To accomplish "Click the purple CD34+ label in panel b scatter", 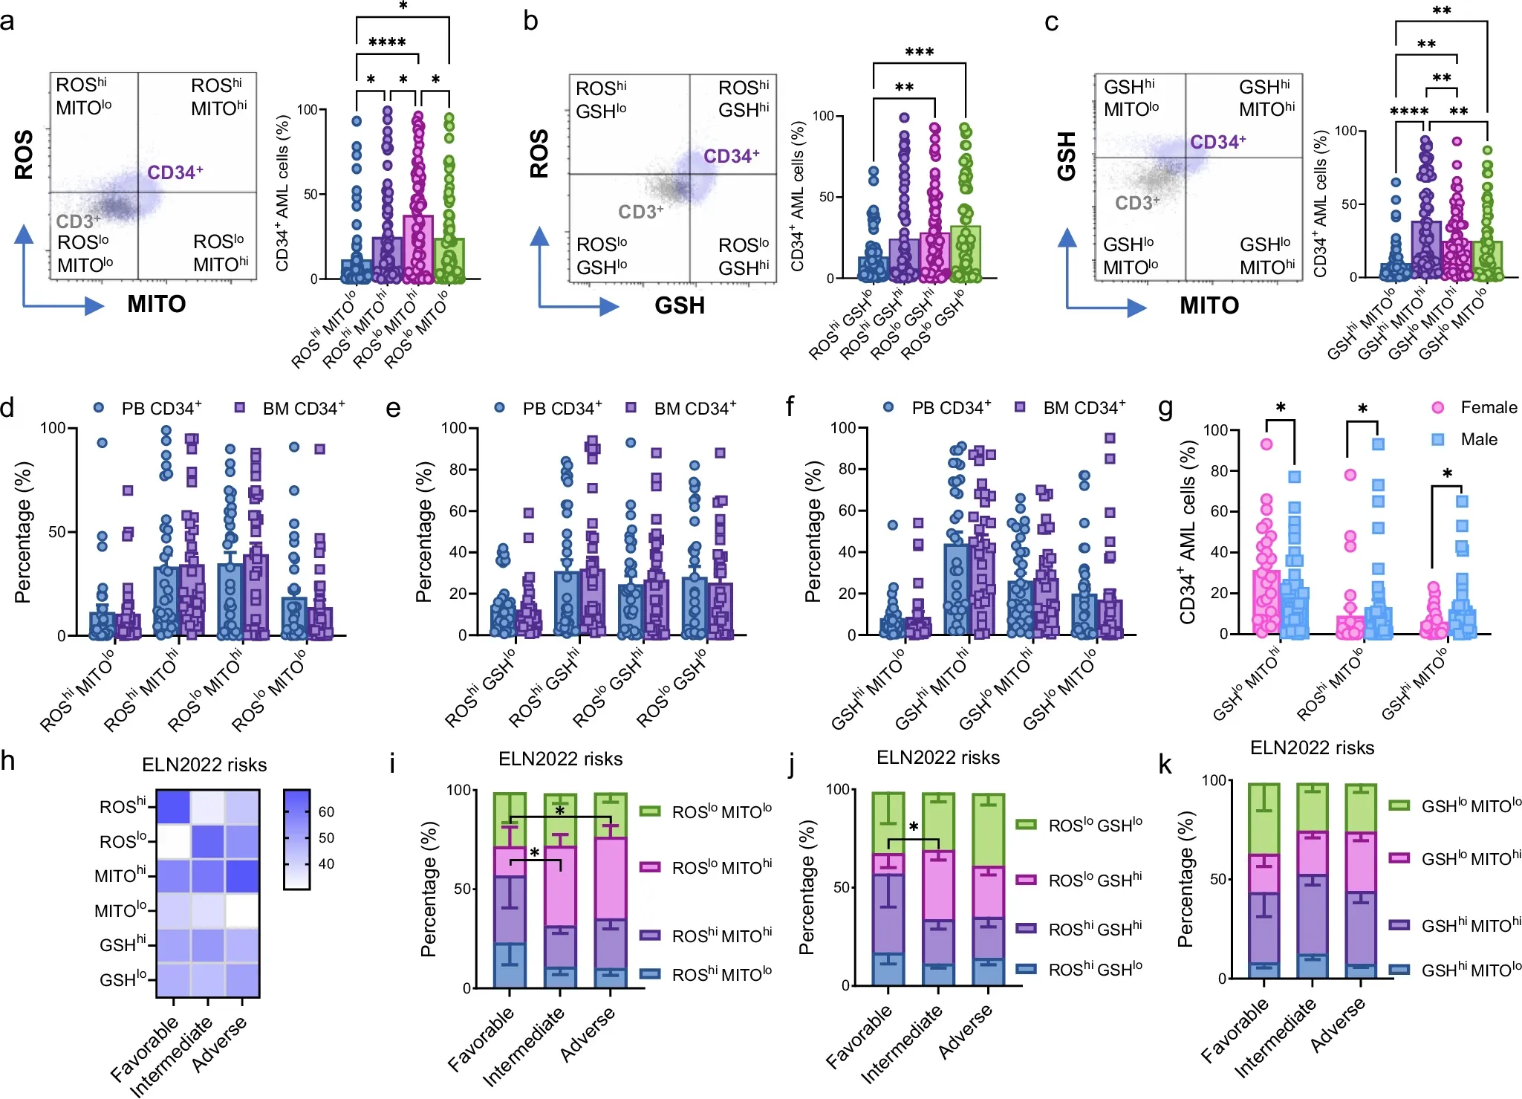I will pyautogui.click(x=731, y=156).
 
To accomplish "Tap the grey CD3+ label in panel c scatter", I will pyautogui.click(x=1136, y=203).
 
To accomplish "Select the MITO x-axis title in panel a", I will pyautogui.click(x=156, y=304).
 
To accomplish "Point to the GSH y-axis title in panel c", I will pyautogui.click(x=1066, y=156).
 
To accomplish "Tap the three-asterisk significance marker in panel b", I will pyautogui.click(x=919, y=53).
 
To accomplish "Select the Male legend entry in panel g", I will pyautogui.click(x=1466, y=439).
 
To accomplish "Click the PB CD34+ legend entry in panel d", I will pyautogui.click(x=149, y=408).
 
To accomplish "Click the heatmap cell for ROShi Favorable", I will pyautogui.click(x=173, y=806).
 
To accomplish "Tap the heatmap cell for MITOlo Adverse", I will pyautogui.click(x=242, y=910).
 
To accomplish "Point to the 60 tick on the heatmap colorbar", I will pyautogui.click(x=326, y=811).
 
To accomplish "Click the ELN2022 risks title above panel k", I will pyautogui.click(x=1312, y=748).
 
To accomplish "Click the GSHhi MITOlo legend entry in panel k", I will pyautogui.click(x=1456, y=970).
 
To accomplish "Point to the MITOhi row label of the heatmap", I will pyautogui.click(x=120, y=875).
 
